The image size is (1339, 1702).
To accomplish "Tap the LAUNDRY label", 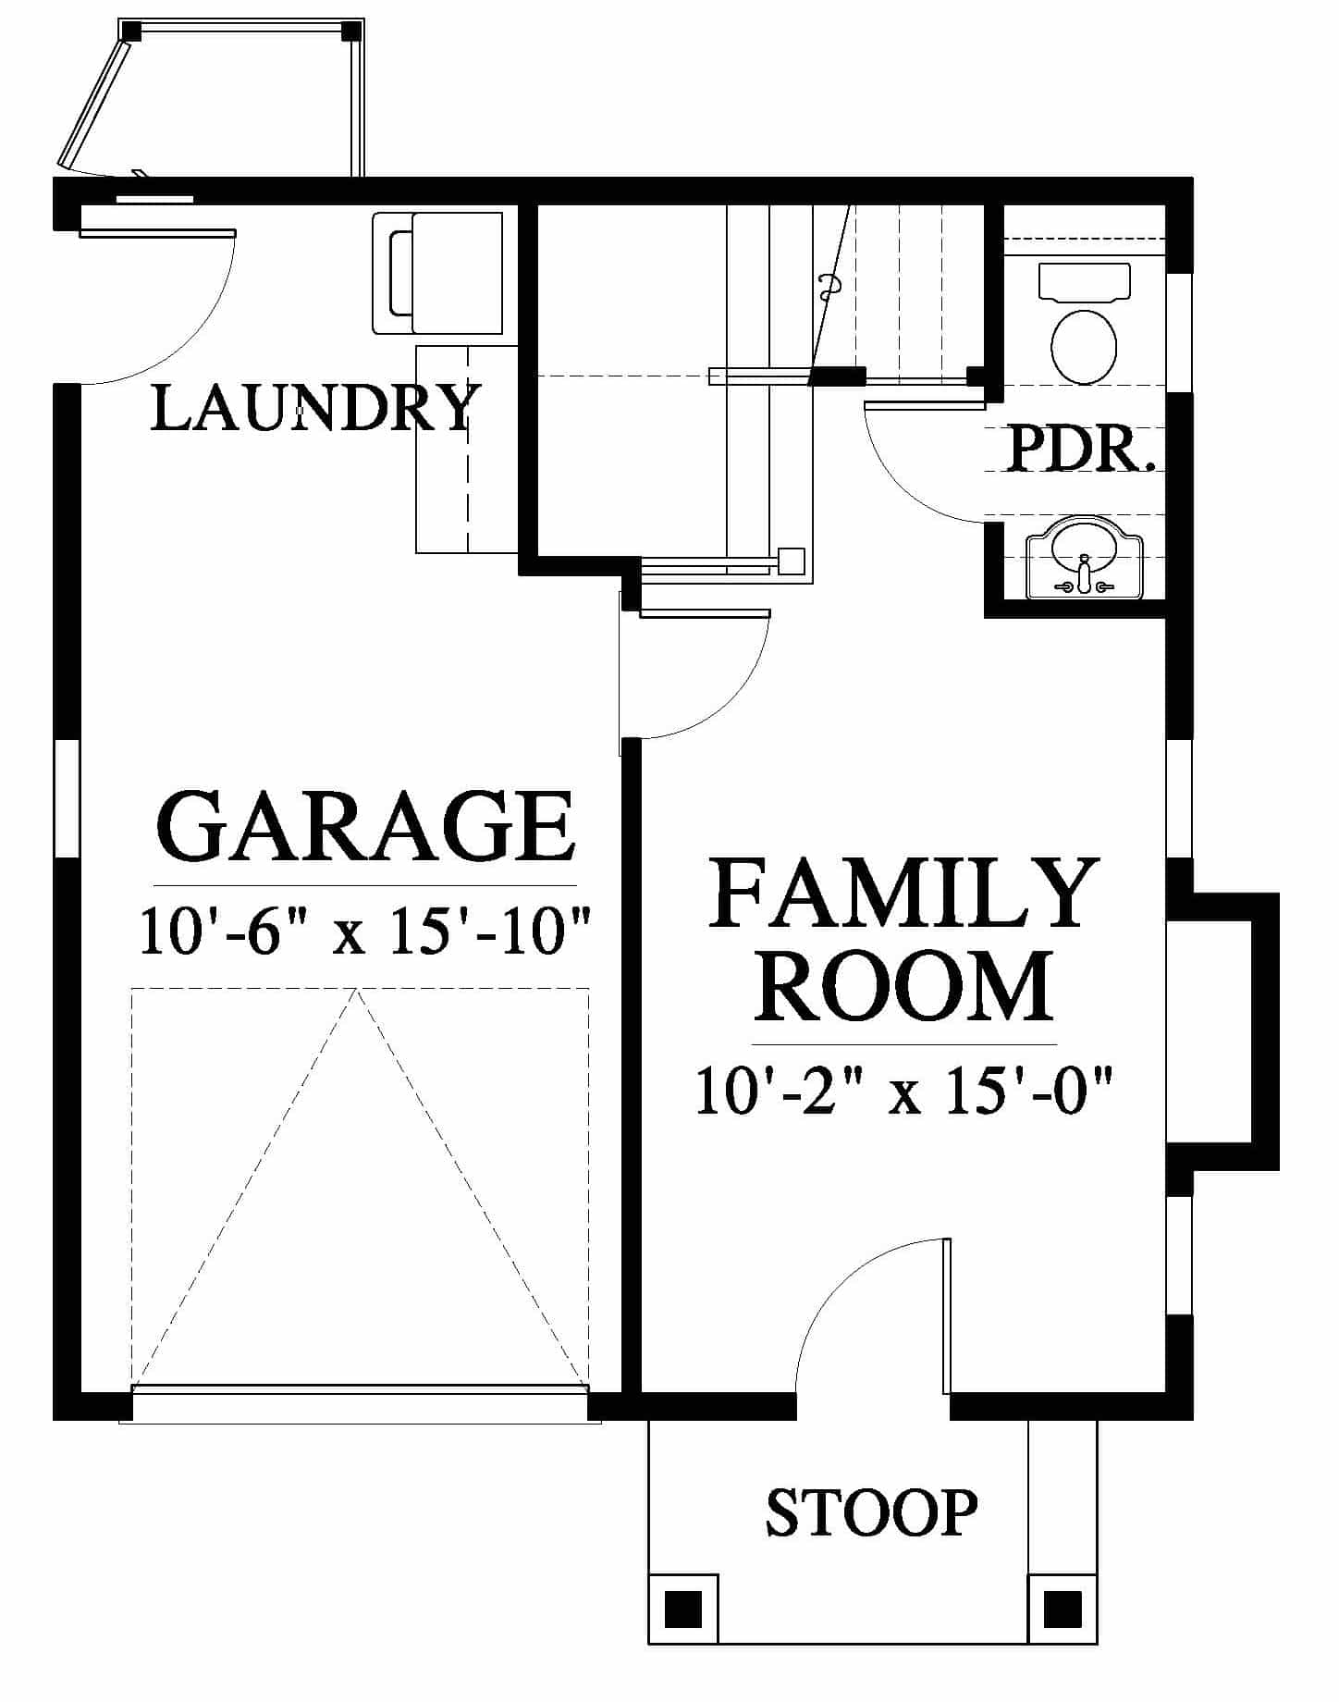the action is pyautogui.click(x=315, y=408).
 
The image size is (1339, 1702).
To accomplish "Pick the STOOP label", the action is pyautogui.click(x=871, y=1511).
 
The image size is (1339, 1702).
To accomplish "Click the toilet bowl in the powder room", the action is pyautogui.click(x=1084, y=347).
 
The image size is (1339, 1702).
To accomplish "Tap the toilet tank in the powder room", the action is pyautogui.click(x=1085, y=282).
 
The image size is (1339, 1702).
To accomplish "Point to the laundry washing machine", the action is pyautogui.click(x=437, y=273).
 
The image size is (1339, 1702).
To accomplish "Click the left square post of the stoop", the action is pyautogui.click(x=683, y=1609).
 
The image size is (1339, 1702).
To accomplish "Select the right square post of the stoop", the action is pyautogui.click(x=1063, y=1609).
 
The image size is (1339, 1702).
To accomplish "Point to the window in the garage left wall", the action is pyautogui.click(x=67, y=799).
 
